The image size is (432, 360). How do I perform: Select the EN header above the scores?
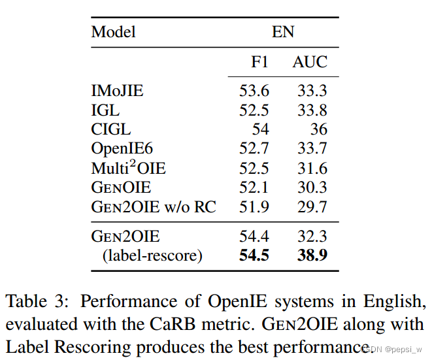(x=283, y=32)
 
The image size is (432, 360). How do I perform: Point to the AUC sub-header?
(x=310, y=63)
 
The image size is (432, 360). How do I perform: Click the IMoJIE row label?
(x=117, y=91)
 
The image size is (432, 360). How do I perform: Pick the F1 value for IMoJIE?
(x=254, y=91)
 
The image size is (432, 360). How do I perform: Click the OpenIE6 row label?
(x=122, y=149)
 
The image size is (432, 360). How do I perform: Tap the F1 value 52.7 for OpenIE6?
(x=254, y=149)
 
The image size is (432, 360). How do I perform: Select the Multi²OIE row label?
(x=128, y=168)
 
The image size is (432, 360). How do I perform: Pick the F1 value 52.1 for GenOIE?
(x=254, y=188)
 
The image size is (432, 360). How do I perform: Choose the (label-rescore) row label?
(x=152, y=255)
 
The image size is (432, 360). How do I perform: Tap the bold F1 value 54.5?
(x=254, y=255)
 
